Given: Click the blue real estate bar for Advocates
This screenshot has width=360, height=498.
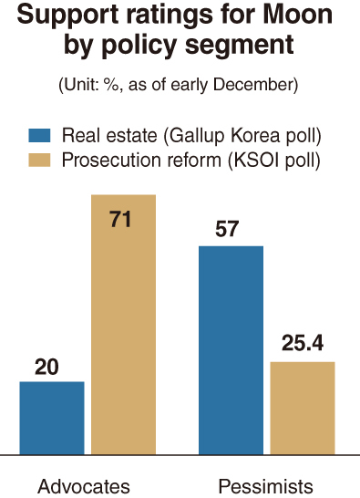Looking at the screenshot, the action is point(52,418).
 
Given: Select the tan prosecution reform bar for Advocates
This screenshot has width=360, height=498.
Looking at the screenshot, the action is point(123,325).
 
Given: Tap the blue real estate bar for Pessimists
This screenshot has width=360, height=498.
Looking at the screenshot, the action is point(231,350).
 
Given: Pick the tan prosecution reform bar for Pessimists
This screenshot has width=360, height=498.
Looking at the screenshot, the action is point(303,408).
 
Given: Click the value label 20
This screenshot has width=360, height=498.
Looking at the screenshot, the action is point(46,367).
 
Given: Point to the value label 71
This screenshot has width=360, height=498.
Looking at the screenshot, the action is point(120,219).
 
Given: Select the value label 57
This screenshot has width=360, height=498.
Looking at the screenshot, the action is point(227,228).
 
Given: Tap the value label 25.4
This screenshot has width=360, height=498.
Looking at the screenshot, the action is point(303,343).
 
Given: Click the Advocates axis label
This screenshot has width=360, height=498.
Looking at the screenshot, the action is point(84,486).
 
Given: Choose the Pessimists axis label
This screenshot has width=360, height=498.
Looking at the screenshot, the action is point(266,486).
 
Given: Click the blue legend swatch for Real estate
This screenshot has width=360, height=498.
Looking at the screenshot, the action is point(39,135).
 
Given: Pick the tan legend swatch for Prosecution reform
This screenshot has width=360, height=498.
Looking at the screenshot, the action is point(39,161).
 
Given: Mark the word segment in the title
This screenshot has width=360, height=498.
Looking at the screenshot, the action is point(239,45).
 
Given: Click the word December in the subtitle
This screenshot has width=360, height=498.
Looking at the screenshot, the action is point(255,85).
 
